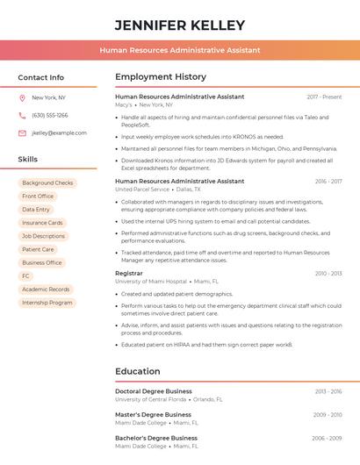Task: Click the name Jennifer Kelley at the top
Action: pos(179,25)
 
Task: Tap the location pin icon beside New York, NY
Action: pos(22,97)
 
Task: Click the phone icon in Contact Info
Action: pos(22,115)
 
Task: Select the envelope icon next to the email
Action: pos(22,132)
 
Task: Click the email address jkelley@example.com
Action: pos(59,132)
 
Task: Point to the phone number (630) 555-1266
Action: pos(49,115)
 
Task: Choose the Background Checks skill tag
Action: pos(47,182)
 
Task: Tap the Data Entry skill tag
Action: pos(36,210)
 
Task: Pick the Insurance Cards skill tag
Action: pos(42,223)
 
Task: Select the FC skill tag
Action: pos(25,275)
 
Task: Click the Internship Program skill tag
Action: pos(47,303)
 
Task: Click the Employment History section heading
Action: pos(160,77)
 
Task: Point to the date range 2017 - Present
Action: pos(324,97)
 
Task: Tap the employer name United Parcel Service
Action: pos(142,190)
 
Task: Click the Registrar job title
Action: pos(128,274)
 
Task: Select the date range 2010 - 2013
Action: pos(328,274)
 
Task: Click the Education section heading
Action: pos(137,371)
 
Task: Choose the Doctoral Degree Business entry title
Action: pos(153,391)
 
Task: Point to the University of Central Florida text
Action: pos(150,399)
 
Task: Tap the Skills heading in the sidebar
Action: pos(27,159)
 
